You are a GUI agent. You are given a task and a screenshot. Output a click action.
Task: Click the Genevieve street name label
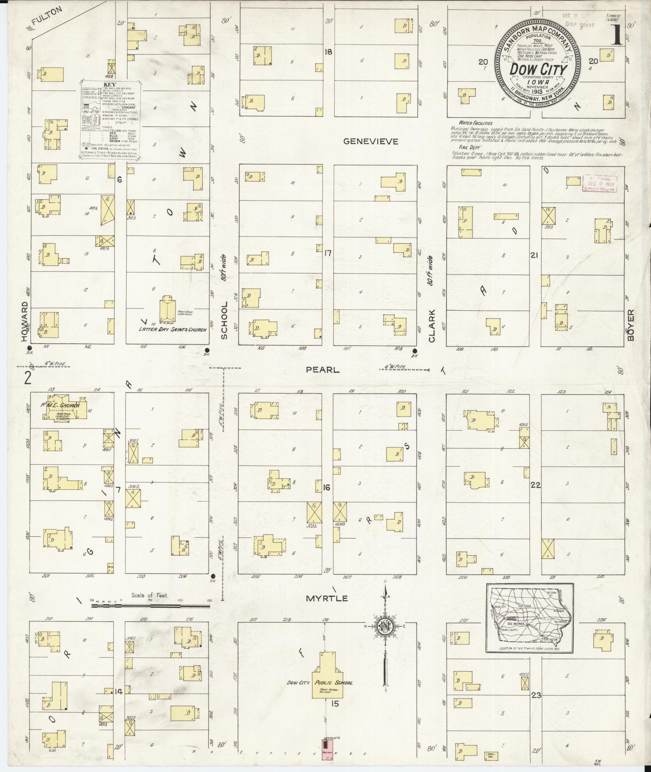pos(371,141)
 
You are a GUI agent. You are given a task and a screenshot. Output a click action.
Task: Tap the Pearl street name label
pos(322,370)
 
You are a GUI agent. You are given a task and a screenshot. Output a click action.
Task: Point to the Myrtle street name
pos(327,598)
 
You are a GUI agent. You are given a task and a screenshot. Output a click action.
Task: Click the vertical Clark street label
pos(432,326)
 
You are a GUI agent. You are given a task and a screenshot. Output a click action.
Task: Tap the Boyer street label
pos(631,325)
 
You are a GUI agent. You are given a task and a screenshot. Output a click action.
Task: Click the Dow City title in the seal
pos(538,69)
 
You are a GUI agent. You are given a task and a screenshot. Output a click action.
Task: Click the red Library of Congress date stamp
pos(600,184)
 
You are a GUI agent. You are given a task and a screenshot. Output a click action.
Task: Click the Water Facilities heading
pos(475,123)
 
